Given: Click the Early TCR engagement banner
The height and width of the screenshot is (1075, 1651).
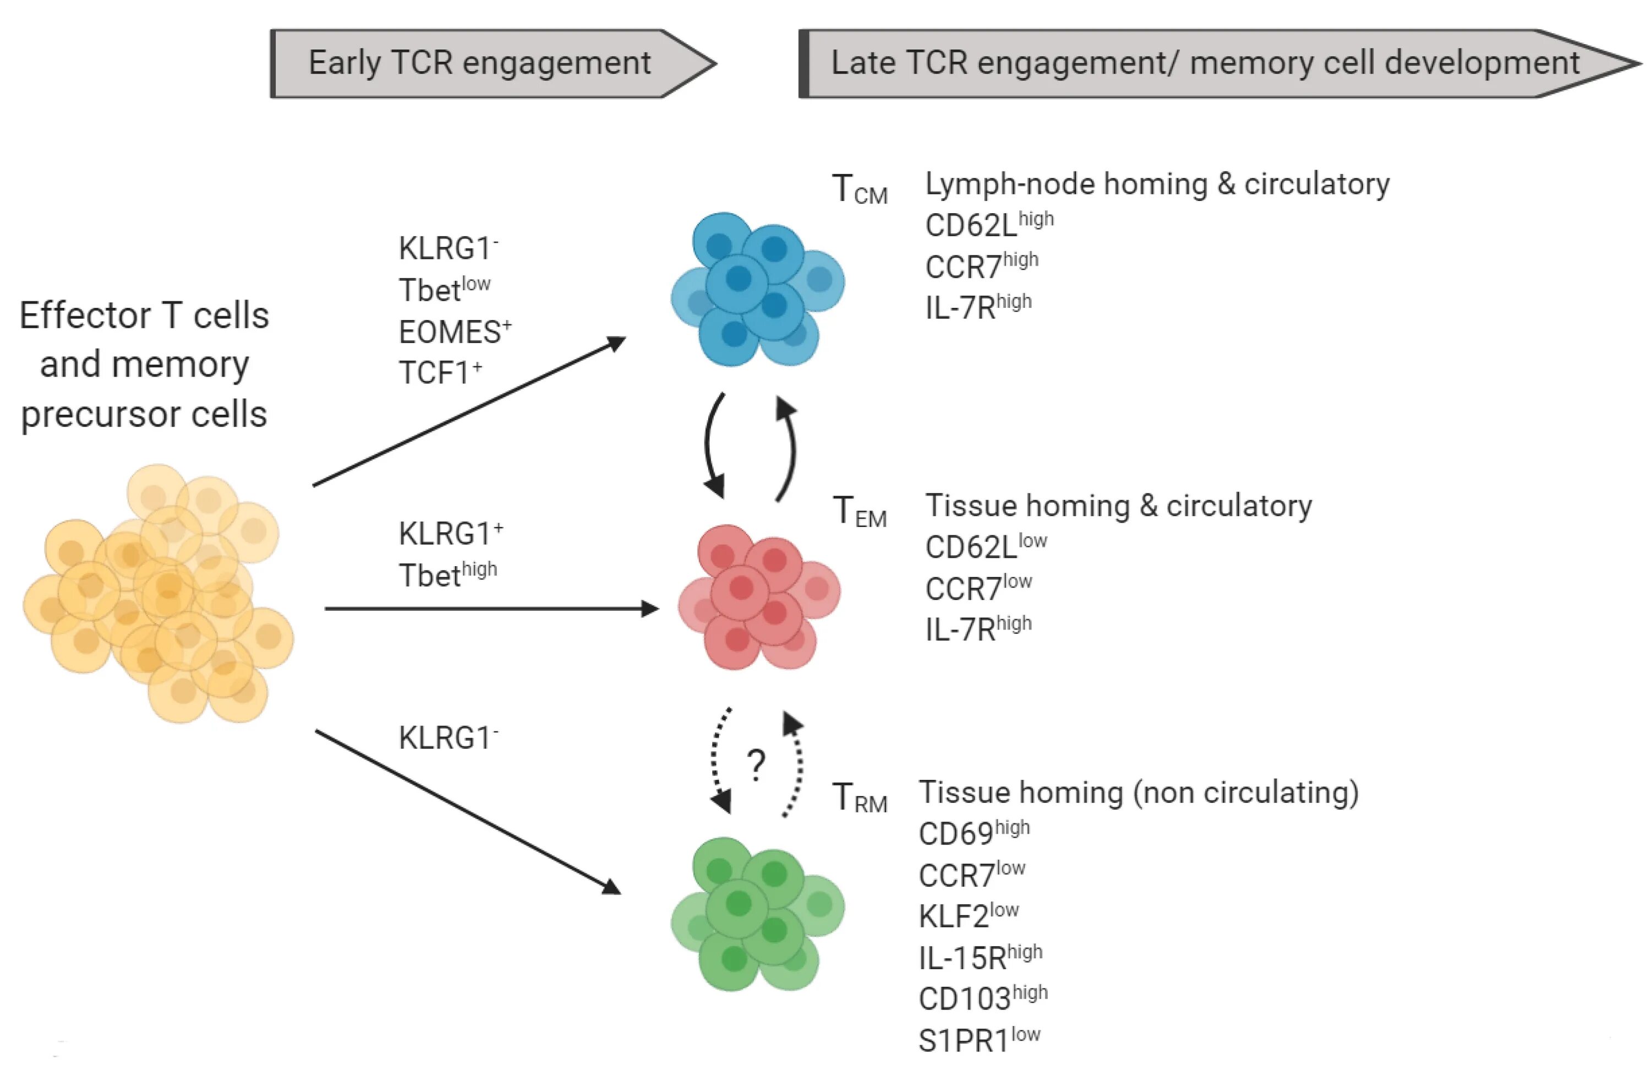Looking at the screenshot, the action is pyautogui.click(x=493, y=63).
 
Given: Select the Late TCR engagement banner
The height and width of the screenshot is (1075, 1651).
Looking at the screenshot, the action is pyautogui.click(x=1220, y=63).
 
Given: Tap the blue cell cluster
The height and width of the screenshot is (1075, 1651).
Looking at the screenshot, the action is pyautogui.click(x=757, y=289).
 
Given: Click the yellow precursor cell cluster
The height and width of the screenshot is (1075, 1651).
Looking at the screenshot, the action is pyautogui.click(x=158, y=593).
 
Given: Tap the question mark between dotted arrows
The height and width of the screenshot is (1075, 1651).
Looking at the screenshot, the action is pyautogui.click(x=757, y=765).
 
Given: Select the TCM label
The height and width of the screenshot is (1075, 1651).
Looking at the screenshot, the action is pyautogui.click(x=860, y=189).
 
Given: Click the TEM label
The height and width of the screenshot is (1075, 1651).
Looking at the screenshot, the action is pyautogui.click(x=860, y=512).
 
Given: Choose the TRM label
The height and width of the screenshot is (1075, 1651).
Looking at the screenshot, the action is pyautogui.click(x=860, y=797).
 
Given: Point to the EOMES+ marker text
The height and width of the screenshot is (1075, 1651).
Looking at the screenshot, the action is pyautogui.click(x=455, y=332).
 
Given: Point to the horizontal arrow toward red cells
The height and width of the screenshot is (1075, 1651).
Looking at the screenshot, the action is pyautogui.click(x=492, y=609).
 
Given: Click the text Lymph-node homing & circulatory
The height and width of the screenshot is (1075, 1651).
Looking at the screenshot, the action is pyautogui.click(x=1157, y=184).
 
